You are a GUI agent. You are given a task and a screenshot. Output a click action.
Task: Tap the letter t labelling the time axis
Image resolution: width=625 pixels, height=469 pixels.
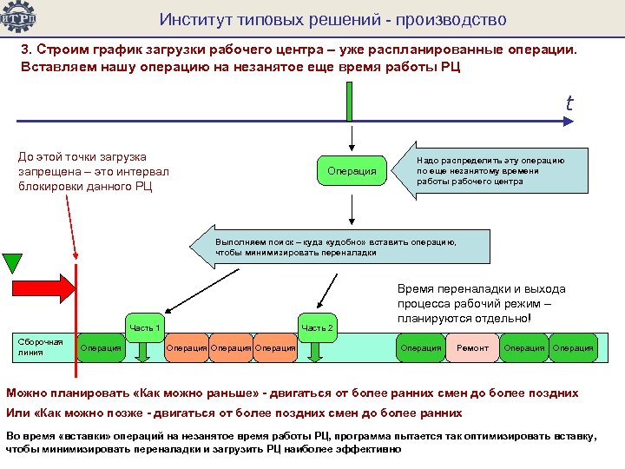click(x=569, y=103)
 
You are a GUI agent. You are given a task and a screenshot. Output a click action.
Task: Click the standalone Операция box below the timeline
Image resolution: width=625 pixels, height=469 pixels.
click(x=352, y=171)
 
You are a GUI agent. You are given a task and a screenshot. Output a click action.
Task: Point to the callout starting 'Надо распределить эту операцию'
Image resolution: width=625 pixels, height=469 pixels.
click(x=490, y=171)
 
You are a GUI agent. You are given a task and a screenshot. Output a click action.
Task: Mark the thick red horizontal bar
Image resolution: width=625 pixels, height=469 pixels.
click(x=43, y=289)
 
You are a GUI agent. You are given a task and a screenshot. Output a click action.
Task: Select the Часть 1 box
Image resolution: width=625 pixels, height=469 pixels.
click(x=145, y=327)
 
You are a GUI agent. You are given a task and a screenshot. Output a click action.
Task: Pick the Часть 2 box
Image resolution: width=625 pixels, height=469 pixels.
click(x=316, y=327)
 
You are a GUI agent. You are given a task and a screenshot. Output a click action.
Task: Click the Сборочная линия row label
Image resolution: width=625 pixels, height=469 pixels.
click(x=40, y=347)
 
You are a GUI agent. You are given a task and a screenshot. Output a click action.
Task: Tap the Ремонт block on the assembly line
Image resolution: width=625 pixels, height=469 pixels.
click(x=473, y=348)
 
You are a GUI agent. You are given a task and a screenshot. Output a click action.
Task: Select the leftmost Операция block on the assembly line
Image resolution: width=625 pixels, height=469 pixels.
click(x=101, y=348)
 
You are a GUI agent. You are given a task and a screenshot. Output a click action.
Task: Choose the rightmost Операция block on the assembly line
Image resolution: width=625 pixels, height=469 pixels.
click(x=573, y=348)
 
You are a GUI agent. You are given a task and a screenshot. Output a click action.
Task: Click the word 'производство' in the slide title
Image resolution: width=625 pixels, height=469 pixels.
click(x=451, y=19)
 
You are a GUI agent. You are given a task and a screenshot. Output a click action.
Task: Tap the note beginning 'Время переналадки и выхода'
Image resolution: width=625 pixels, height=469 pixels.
click(x=481, y=303)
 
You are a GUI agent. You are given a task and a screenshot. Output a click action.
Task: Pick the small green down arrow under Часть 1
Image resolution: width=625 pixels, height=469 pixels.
click(x=145, y=351)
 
